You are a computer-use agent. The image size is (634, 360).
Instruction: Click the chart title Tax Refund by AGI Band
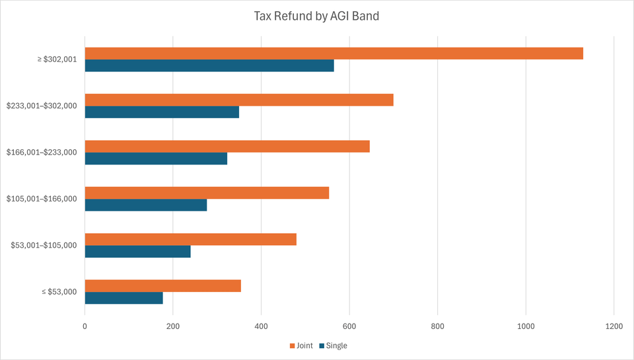point(317,16)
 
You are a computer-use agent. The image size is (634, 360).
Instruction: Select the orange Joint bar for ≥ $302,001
point(334,54)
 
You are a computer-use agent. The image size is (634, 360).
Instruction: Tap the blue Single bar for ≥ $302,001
point(209,65)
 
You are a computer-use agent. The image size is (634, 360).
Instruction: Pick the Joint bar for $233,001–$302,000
point(239,100)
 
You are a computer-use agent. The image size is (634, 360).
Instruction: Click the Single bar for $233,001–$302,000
point(162,112)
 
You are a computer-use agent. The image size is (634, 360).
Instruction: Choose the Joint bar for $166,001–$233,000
point(227,146)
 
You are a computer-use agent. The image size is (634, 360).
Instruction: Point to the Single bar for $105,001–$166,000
point(146,205)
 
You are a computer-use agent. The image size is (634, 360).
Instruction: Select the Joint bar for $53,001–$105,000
point(191,239)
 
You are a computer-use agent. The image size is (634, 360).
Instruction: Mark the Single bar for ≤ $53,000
point(124,298)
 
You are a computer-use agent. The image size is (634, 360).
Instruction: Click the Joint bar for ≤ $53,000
point(163,286)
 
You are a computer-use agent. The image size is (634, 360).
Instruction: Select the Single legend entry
point(333,345)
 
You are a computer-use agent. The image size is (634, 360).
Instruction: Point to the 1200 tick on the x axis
point(614,326)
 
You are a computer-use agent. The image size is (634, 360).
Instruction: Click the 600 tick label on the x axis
point(349,326)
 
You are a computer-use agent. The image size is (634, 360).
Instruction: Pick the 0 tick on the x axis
point(85,326)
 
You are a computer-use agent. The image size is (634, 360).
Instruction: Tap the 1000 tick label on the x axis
point(526,326)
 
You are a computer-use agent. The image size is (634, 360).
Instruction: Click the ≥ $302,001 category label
point(57,59)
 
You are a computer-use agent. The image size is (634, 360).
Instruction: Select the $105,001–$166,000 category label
point(42,199)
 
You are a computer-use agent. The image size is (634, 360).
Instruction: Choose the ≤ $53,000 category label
point(57,292)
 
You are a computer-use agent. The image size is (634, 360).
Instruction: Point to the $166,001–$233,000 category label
point(42,152)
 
